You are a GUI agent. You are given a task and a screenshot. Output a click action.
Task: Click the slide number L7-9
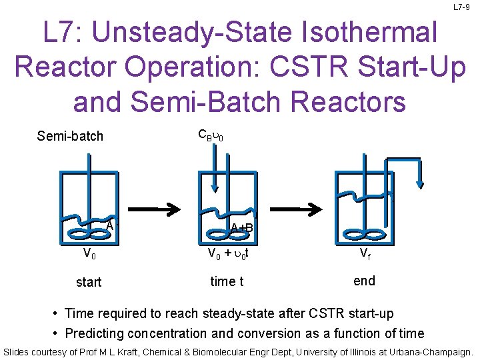[461, 7]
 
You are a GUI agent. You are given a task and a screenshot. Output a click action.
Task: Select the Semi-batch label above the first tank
[70, 136]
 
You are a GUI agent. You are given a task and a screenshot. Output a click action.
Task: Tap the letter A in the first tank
[110, 225]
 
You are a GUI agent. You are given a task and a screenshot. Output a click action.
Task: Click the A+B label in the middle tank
[241, 228]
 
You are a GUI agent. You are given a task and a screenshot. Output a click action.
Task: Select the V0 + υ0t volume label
[228, 254]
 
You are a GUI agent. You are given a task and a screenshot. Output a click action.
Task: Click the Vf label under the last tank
[365, 254]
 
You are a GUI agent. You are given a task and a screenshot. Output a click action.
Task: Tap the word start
[89, 282]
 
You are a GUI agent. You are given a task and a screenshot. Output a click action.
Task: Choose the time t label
[227, 281]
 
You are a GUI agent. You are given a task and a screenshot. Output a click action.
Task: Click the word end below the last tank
[364, 281]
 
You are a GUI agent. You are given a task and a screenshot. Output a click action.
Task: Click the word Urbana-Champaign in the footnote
[427, 351]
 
